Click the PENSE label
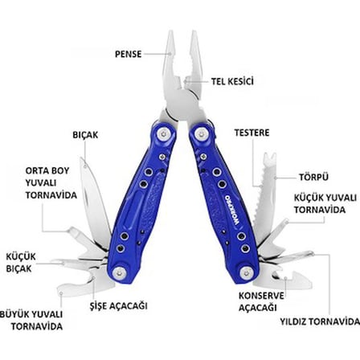128,54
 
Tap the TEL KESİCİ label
232,81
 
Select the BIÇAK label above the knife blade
85,135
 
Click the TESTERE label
252,133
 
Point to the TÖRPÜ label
313,177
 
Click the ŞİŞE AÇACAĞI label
118,305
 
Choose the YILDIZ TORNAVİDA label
320,321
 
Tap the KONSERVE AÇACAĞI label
261,302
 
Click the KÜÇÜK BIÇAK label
21,263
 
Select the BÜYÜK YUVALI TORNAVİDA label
31,320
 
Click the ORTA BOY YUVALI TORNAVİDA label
51,183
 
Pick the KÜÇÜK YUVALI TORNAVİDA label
325,204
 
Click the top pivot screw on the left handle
164,133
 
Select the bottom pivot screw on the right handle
247,273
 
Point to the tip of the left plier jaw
170,31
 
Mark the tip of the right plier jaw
194,31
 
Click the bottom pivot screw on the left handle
119,273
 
